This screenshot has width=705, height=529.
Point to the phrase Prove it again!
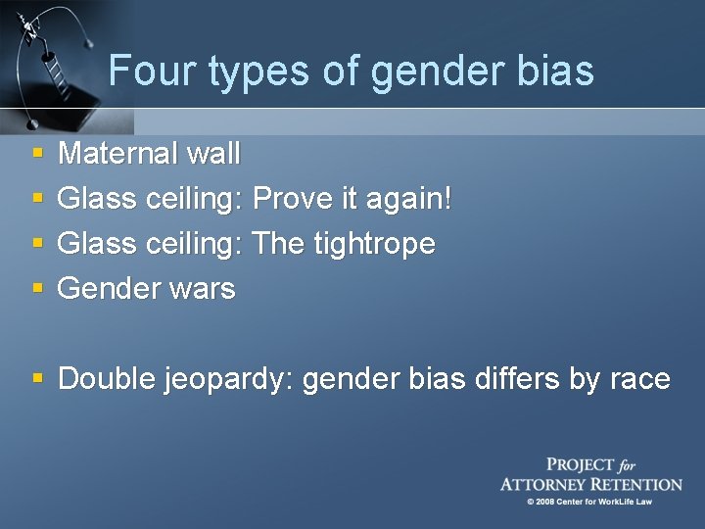coord(352,198)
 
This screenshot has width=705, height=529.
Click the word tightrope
coord(375,243)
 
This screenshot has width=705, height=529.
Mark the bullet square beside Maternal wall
coord(37,155)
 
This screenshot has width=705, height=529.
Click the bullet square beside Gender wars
coord(37,290)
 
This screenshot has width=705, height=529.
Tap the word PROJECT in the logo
coord(581,465)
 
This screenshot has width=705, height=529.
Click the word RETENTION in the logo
coord(634,484)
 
